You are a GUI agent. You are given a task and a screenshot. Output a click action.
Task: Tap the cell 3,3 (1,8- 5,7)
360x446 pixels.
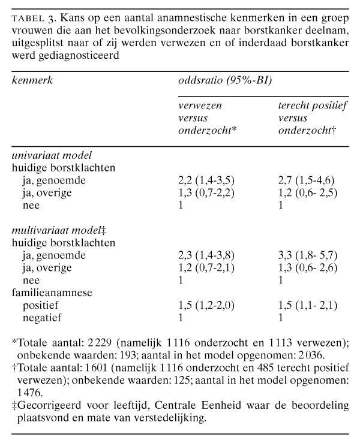click(x=305, y=255)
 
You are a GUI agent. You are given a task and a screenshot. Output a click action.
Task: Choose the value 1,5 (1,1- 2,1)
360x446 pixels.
click(x=305, y=305)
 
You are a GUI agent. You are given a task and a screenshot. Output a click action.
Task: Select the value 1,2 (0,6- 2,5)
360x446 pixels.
click(x=305, y=191)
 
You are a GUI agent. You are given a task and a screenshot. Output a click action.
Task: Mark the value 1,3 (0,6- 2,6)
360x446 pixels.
click(x=305, y=267)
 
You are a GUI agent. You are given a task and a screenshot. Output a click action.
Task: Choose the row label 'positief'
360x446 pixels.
click(x=40, y=305)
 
